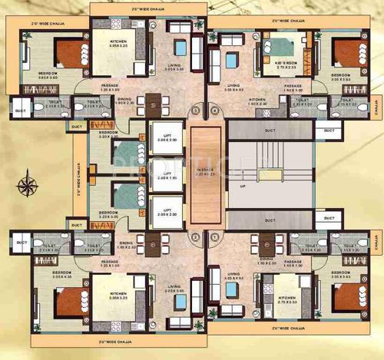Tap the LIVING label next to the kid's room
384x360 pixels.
[x=233, y=86]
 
